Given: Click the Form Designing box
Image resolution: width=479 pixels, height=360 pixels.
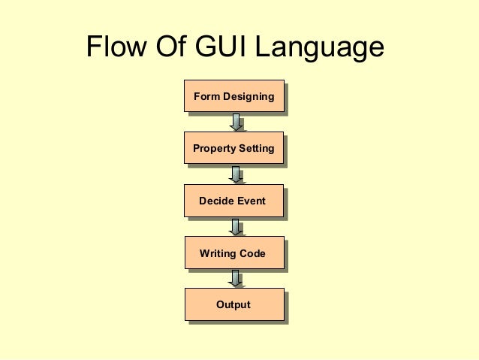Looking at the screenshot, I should point(233,97).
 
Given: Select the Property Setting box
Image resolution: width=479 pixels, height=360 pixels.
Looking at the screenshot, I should point(233,150).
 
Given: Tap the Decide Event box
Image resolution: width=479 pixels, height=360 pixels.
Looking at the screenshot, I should point(233,201).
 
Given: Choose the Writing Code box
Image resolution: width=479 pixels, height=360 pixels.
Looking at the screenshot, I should point(233,253).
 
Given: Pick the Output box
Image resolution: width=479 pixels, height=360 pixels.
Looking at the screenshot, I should point(233,305).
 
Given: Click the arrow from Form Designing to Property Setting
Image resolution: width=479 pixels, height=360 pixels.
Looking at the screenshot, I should point(236,123).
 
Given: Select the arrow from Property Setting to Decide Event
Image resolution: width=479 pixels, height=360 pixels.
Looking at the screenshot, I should point(236,174).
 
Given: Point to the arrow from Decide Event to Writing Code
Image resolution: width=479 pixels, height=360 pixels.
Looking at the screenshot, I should point(236,227).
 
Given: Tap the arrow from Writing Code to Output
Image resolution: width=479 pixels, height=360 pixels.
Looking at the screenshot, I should point(236,279).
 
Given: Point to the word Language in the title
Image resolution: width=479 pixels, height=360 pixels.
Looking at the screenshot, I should point(320,50).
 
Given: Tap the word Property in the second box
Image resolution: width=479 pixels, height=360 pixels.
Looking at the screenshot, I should point(214,150).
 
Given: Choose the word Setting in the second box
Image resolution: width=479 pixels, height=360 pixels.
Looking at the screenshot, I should point(256,150).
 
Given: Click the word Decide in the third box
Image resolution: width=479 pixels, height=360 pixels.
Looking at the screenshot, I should point(216,201).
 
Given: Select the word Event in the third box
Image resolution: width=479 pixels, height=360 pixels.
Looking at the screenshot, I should point(252,201).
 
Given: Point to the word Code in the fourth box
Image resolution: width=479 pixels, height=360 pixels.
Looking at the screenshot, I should point(252,253).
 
